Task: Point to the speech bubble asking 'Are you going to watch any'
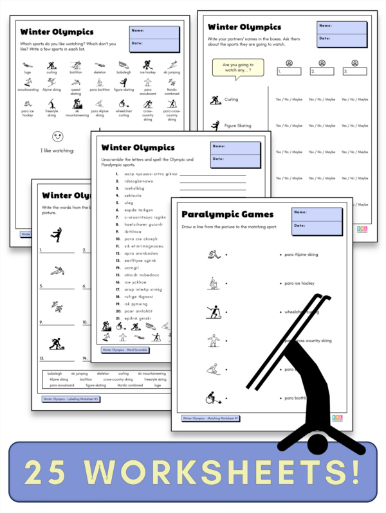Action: [x=237, y=68]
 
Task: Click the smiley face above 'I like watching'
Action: [x=58, y=137]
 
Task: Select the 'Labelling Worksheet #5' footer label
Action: [x=71, y=399]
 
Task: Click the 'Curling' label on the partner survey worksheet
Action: [x=231, y=100]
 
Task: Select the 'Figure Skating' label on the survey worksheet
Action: [x=237, y=126]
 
